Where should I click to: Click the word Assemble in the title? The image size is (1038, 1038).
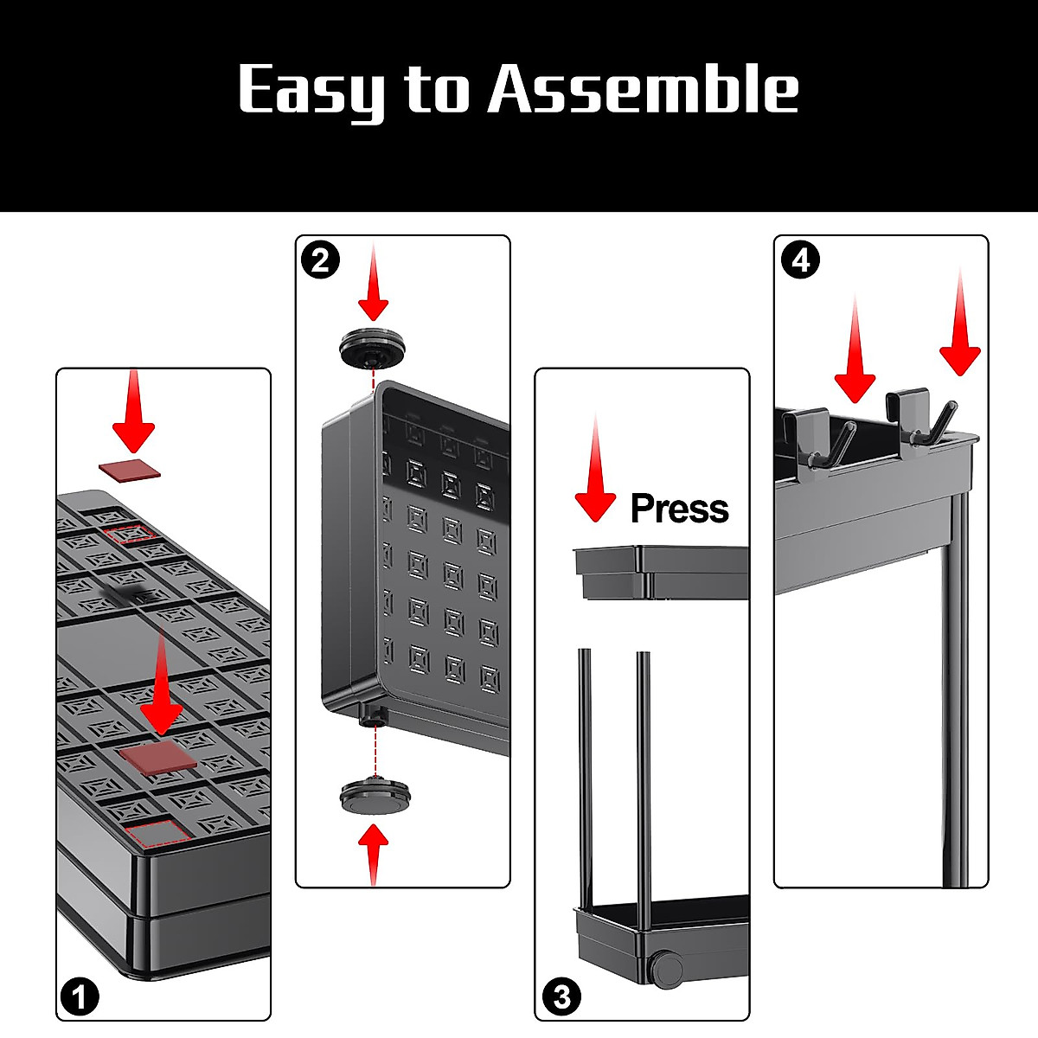pos(644,88)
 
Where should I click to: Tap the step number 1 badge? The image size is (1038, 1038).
pos(80,997)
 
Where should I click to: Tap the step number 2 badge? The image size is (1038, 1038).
pos(320,259)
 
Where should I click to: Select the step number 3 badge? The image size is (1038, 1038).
pos(562,997)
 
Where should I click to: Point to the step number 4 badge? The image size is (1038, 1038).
pos(800,259)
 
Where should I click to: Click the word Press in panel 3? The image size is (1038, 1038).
pos(679,508)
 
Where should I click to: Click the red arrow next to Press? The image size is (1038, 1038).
pos(595,468)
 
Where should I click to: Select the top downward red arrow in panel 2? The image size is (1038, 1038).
pos(374,282)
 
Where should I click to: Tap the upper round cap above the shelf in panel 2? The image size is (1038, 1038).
pos(373,349)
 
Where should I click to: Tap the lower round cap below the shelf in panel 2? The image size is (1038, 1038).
pos(375,795)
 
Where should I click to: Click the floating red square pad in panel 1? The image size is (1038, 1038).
pos(129,469)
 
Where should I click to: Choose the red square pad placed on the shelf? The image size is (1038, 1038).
pos(159,758)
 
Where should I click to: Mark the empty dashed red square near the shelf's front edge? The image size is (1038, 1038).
pos(157,833)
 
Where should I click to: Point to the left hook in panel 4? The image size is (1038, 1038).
pos(819,437)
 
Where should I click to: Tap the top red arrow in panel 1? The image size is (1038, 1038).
pos(133,411)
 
